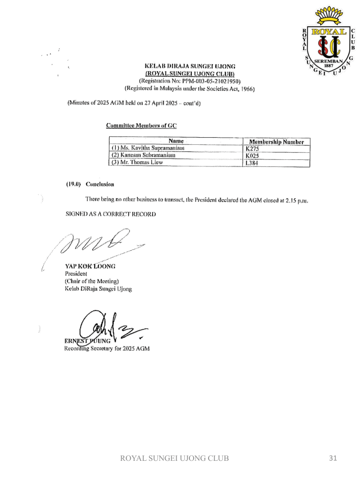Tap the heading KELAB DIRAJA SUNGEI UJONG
[189, 67]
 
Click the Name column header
[176, 141]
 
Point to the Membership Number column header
[276, 142]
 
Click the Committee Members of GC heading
[141, 125]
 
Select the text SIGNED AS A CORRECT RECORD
[111, 214]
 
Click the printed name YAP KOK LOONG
[90, 266]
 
